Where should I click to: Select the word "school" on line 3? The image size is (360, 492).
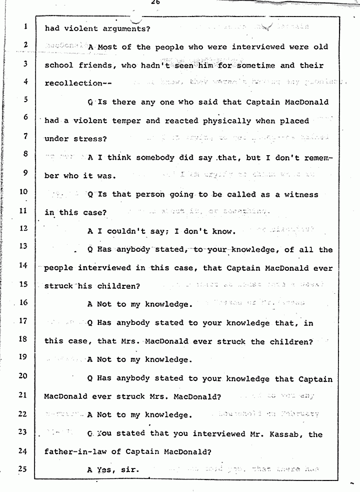(59, 66)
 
